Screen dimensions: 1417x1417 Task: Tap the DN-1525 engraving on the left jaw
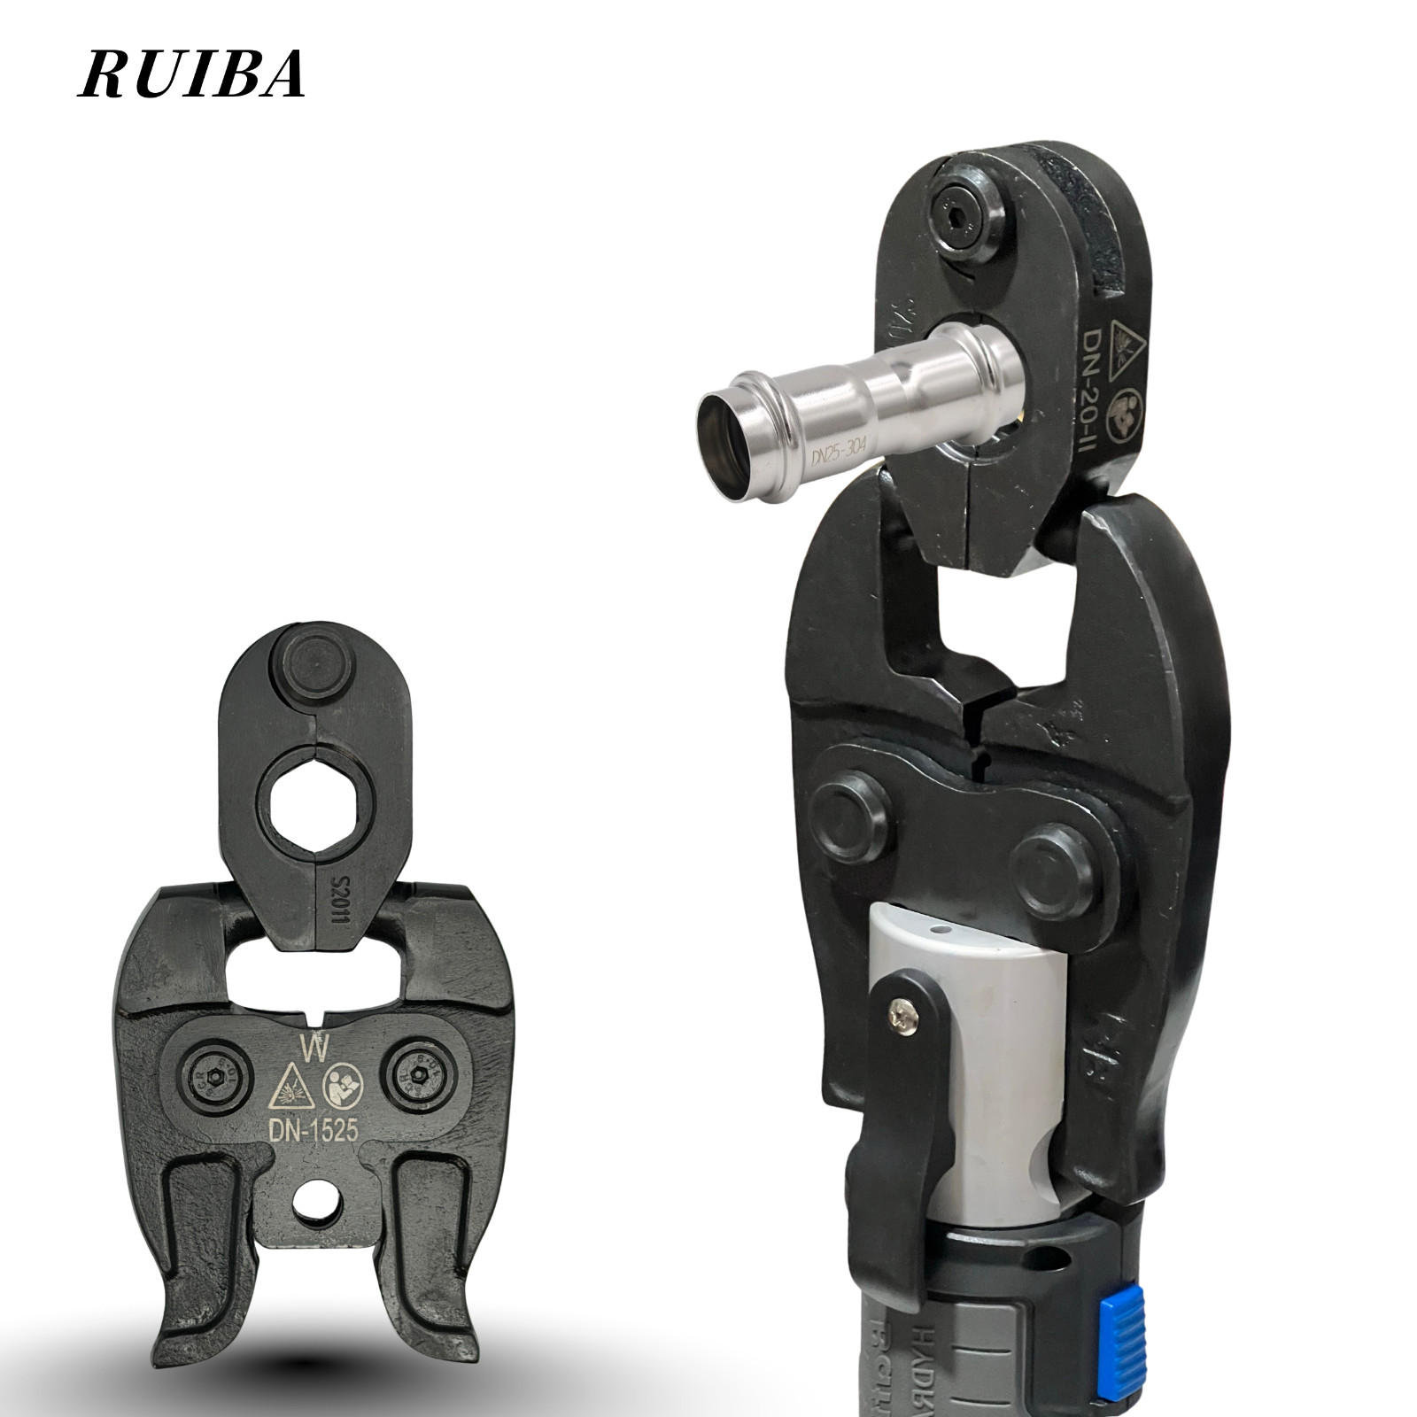coord(309,1131)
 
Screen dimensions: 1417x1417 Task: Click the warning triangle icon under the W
coord(290,1085)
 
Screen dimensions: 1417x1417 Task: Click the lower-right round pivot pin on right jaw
coord(1055,866)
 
